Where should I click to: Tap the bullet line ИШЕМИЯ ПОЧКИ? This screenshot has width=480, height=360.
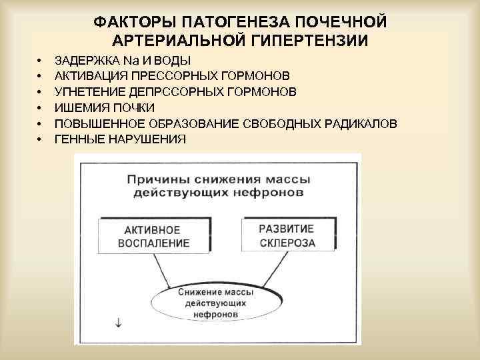(x=104, y=107)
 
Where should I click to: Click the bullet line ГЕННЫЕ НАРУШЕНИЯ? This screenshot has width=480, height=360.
(x=120, y=139)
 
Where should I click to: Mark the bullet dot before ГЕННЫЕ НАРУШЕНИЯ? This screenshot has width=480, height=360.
(x=41, y=139)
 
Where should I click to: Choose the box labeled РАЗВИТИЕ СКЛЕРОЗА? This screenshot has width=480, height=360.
(x=287, y=235)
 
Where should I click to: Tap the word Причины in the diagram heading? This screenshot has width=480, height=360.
(x=155, y=180)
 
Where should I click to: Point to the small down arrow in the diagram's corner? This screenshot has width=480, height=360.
(x=119, y=323)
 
